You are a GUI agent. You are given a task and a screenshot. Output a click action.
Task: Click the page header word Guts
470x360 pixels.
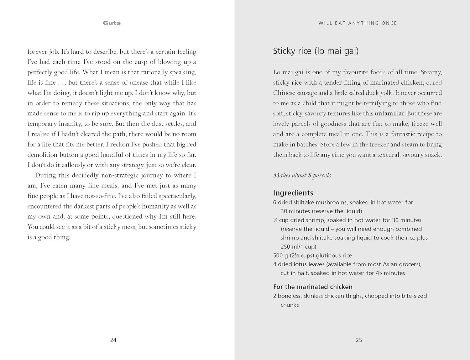pyautogui.click(x=112, y=23)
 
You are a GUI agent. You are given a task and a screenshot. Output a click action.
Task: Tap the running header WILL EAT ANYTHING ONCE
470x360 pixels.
pyautogui.click(x=358, y=23)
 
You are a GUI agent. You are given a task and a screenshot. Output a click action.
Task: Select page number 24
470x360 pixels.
pyautogui.click(x=113, y=340)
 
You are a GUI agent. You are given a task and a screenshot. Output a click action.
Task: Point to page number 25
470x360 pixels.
pyautogui.click(x=359, y=340)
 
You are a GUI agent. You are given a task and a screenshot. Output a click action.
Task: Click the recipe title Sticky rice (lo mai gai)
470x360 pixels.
pyautogui.click(x=316, y=51)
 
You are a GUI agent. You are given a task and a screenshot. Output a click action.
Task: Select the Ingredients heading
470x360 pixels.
pyautogui.click(x=293, y=193)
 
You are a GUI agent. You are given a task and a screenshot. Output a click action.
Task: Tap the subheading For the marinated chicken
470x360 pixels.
pyautogui.click(x=313, y=287)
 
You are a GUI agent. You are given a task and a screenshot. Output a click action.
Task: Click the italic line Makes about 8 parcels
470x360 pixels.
pyautogui.click(x=302, y=175)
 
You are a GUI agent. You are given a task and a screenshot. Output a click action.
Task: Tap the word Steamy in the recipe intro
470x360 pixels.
pyautogui.click(x=431, y=72)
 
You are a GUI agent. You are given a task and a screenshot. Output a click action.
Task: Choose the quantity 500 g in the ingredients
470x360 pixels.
pyautogui.click(x=280, y=256)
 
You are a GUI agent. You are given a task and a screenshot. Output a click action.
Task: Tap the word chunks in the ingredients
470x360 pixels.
pyautogui.click(x=290, y=305)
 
